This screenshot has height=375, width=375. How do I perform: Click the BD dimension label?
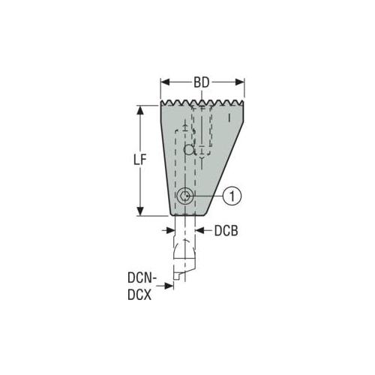point(202,82)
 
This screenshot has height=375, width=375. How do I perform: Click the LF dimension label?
point(139,159)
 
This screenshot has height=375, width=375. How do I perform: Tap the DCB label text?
point(226,231)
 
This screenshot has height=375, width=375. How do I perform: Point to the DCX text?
point(139,295)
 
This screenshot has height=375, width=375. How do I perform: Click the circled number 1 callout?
point(232,196)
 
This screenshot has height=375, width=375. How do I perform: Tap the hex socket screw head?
point(185,196)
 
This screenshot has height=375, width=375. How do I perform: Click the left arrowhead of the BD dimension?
point(165,82)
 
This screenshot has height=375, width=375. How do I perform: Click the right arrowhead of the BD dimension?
point(240,82)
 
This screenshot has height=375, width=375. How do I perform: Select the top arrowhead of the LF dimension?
point(140,110)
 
